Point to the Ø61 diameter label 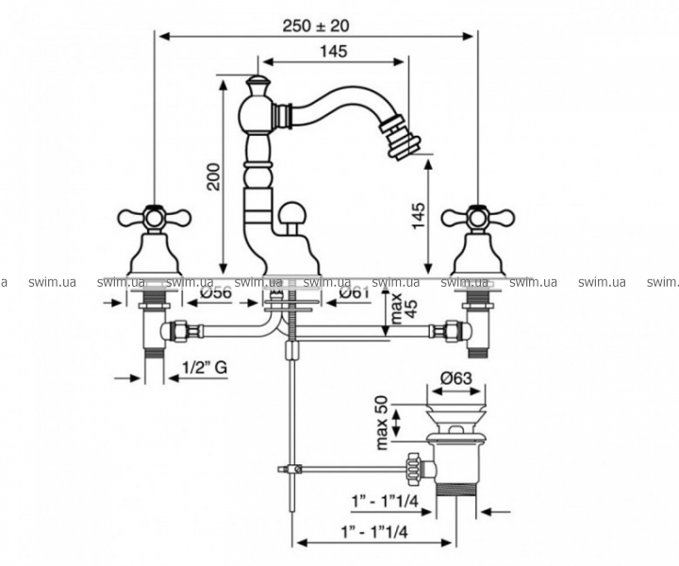pyautogui.click(x=354, y=292)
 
